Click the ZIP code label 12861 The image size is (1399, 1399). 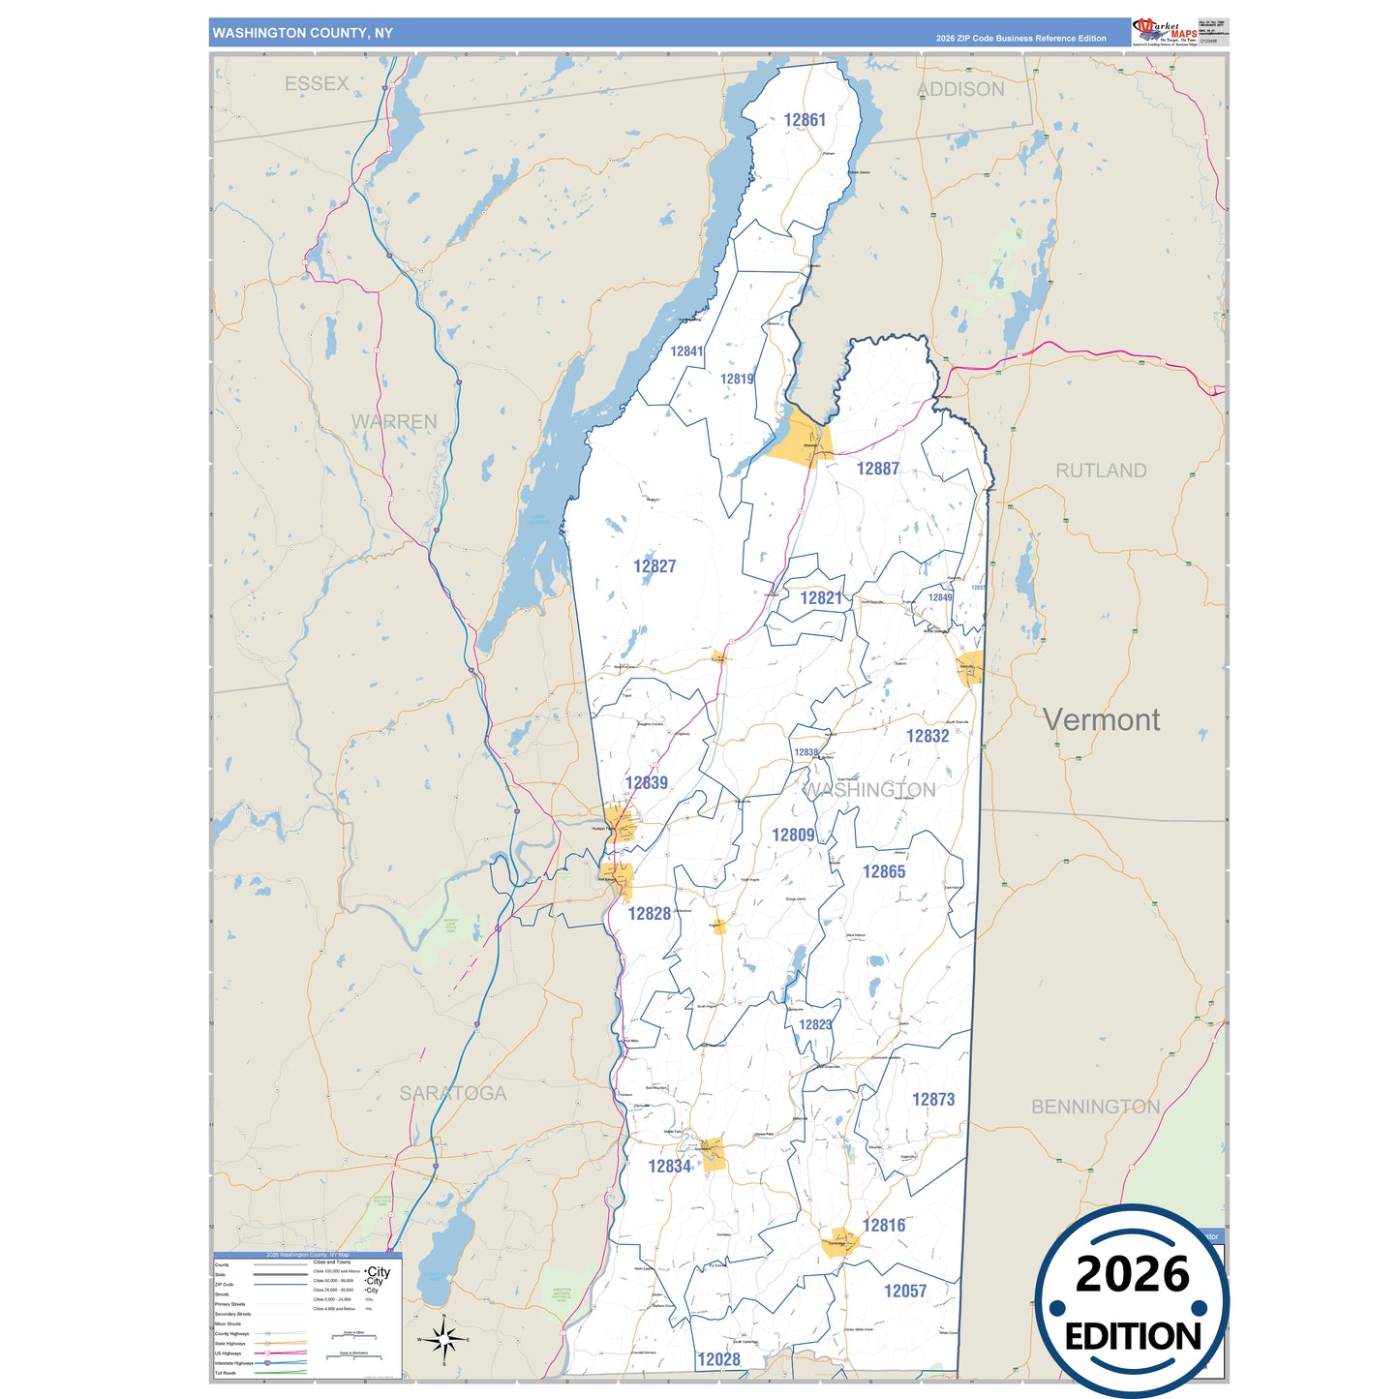(x=805, y=120)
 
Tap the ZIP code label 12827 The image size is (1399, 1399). (x=654, y=566)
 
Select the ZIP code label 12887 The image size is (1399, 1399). (x=877, y=469)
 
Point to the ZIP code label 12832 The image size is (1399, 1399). (x=927, y=736)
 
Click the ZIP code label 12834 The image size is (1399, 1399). (x=669, y=1167)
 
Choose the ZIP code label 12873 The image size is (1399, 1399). (x=932, y=1100)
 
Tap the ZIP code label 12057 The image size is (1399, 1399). (x=904, y=1292)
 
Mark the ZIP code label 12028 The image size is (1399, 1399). (x=718, y=1359)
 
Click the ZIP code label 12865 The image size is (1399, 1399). (x=883, y=872)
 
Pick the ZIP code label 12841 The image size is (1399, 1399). (x=686, y=351)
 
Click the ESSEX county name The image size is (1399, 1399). (x=317, y=84)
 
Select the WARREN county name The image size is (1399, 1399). (x=394, y=422)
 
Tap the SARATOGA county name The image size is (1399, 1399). (x=453, y=1093)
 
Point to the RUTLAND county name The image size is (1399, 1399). (x=1101, y=471)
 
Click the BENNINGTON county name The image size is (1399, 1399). (x=1095, y=1107)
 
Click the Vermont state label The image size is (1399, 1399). (x=1101, y=719)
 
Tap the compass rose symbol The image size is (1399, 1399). (x=443, y=1340)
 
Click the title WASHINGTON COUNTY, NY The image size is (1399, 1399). (x=303, y=33)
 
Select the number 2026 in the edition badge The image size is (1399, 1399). (x=1132, y=1274)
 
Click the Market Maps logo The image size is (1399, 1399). (x=1165, y=31)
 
